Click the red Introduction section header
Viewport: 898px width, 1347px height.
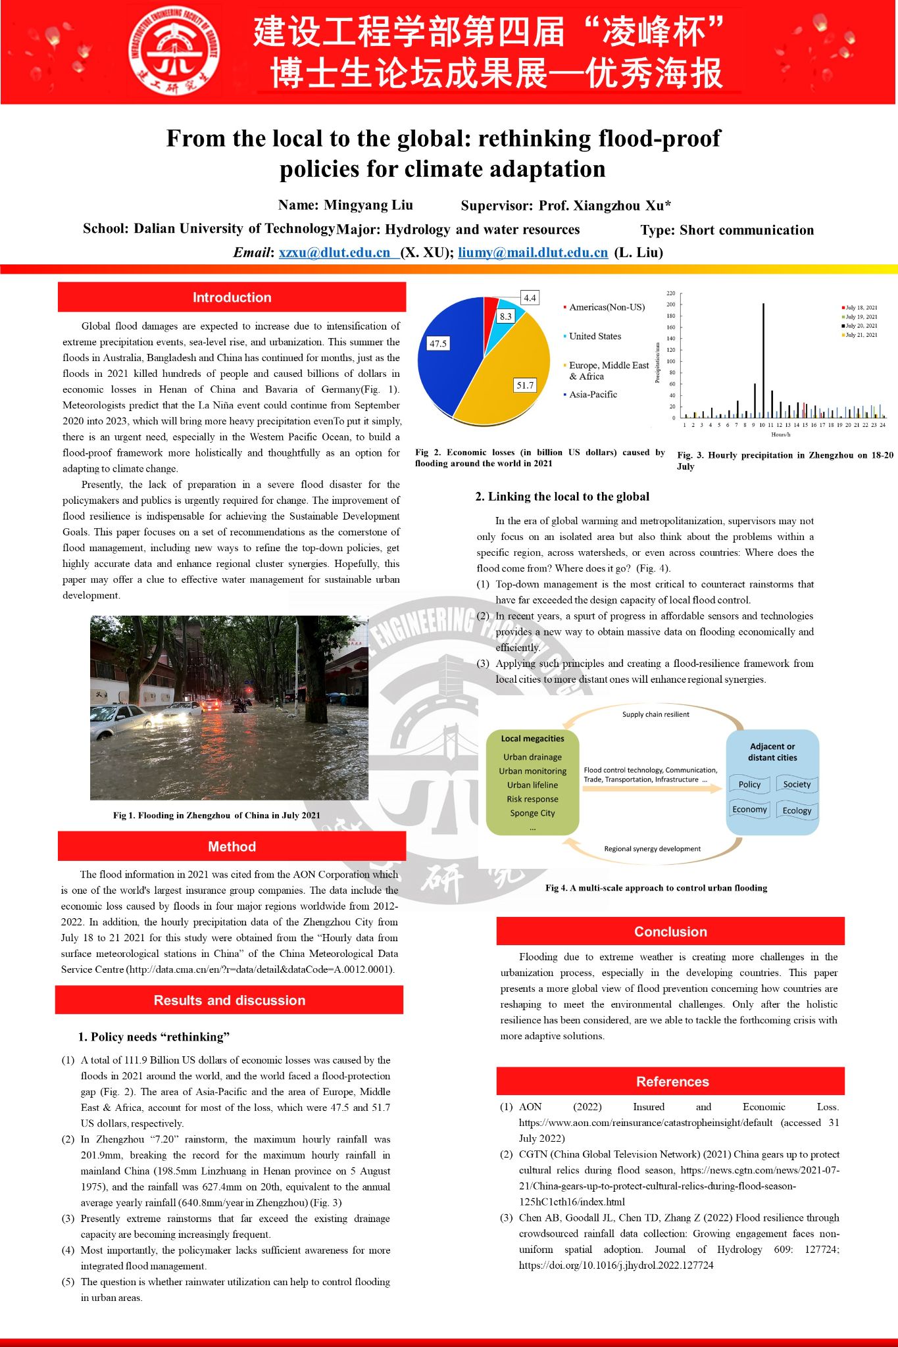232,297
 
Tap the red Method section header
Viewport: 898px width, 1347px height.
232,846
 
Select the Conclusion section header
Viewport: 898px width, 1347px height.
670,931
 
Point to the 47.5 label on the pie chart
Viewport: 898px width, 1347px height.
437,343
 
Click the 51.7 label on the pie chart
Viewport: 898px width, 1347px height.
525,385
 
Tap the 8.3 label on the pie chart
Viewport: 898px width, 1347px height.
505,316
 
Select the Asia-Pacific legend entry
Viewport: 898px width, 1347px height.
593,395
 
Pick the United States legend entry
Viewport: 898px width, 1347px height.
595,336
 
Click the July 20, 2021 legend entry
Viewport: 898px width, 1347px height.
861,326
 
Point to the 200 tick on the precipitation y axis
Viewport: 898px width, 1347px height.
670,305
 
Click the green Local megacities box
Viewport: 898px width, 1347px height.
532,782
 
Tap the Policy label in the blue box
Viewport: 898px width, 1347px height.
749,785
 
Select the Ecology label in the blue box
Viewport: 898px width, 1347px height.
797,811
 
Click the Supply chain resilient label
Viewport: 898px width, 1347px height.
655,714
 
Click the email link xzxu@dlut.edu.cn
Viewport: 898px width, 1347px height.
335,253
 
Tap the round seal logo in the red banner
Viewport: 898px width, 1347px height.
174,51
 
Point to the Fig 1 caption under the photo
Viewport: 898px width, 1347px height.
216,816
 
